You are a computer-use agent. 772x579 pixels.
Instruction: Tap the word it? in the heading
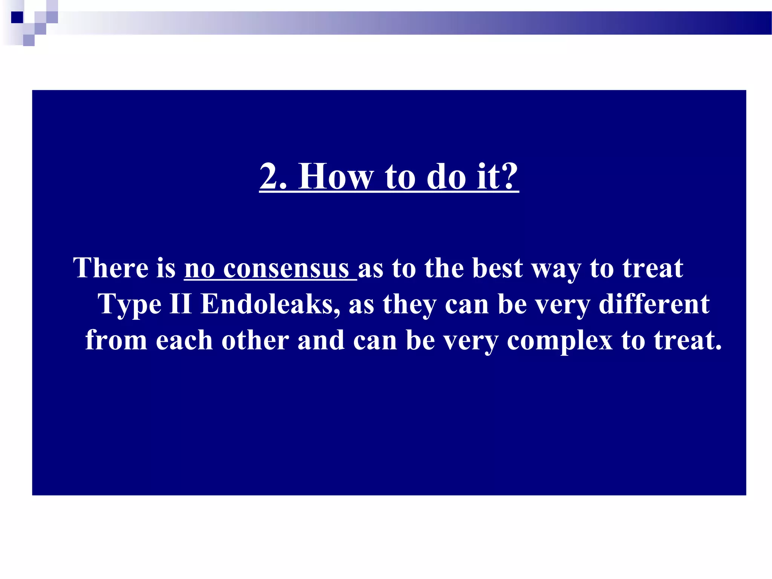[498, 176]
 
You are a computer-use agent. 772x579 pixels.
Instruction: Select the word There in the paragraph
[111, 268]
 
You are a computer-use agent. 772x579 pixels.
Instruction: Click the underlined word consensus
[286, 269]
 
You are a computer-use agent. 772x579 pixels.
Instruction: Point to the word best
[497, 268]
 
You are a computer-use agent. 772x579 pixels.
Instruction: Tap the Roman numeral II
[181, 304]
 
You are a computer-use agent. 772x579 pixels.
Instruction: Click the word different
[654, 304]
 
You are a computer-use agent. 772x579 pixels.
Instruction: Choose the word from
[116, 340]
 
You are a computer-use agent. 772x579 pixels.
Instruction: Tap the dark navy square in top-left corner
[17, 17]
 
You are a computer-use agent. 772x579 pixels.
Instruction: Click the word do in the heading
[446, 176]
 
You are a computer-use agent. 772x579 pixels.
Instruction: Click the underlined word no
[199, 269]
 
